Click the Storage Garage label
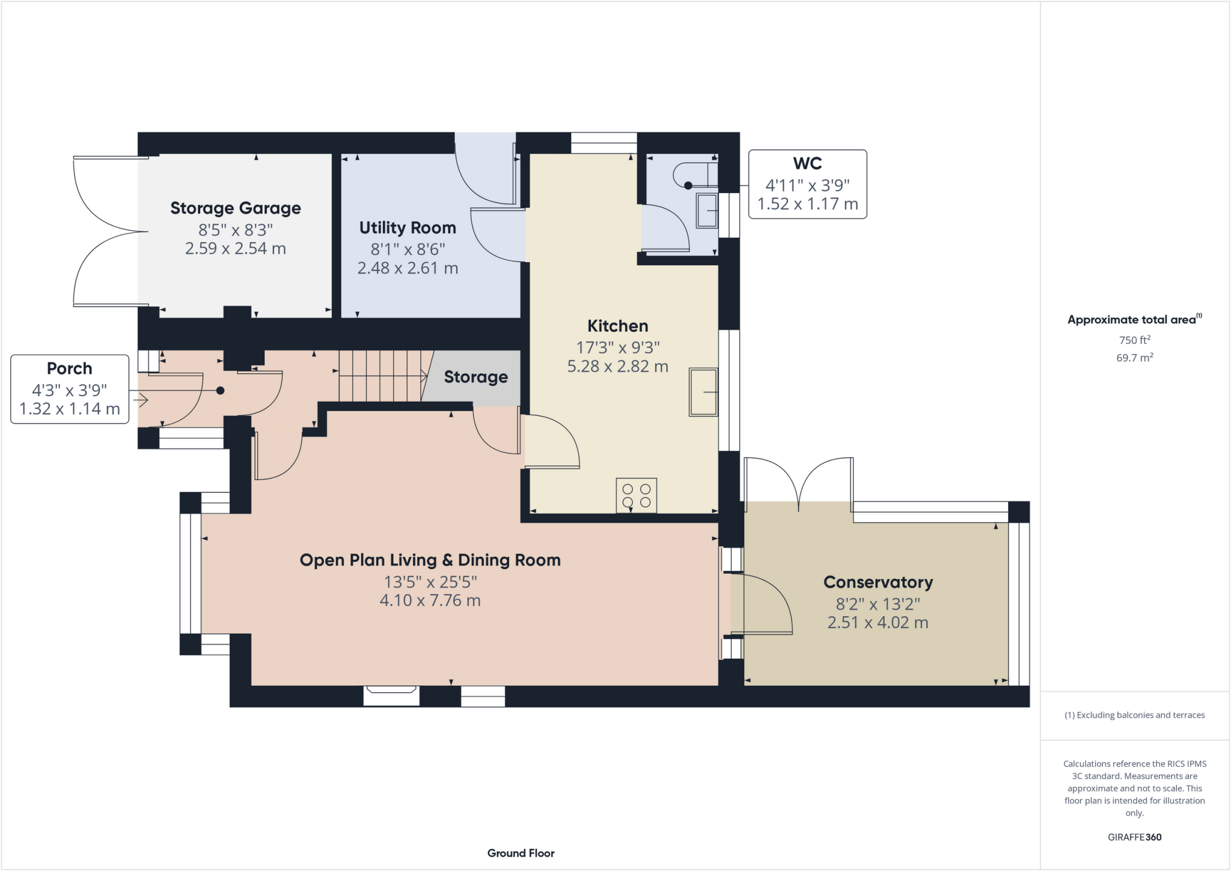pyautogui.click(x=236, y=209)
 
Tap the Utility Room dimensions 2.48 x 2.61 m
pyautogui.click(x=408, y=268)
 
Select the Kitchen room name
pyautogui.click(x=617, y=326)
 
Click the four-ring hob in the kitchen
pyautogui.click(x=636, y=495)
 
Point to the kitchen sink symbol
pyautogui.click(x=703, y=392)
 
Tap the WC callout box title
pyautogui.click(x=807, y=164)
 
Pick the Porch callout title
pyautogui.click(x=70, y=368)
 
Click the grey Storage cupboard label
pyautogui.click(x=475, y=377)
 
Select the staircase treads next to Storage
pyautogui.click(x=382, y=376)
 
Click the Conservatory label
pyautogui.click(x=878, y=582)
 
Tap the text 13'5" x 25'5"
pyautogui.click(x=430, y=582)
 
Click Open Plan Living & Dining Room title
pyautogui.click(x=430, y=560)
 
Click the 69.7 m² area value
pyautogui.click(x=1134, y=358)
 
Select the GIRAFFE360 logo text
pyautogui.click(x=1134, y=837)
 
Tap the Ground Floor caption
pyautogui.click(x=521, y=853)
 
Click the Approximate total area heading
pyautogui.click(x=1134, y=320)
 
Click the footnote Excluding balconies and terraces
pyautogui.click(x=1134, y=715)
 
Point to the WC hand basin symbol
pyautogui.click(x=707, y=210)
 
